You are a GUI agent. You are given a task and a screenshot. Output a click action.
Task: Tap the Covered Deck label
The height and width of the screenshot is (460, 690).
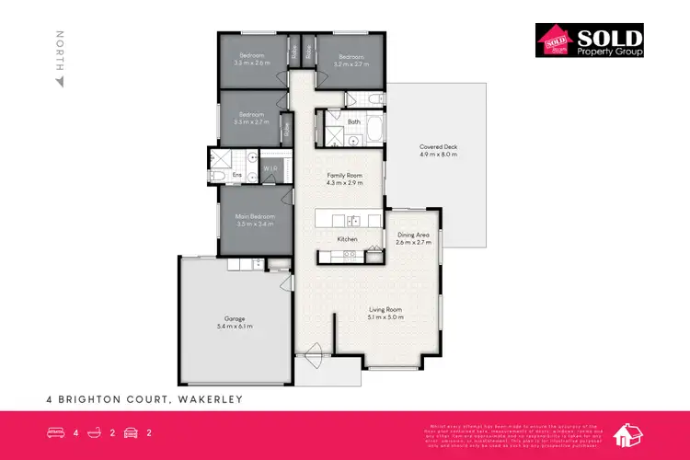[x=438, y=150]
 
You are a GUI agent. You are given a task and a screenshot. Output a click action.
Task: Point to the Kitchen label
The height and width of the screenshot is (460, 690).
[x=347, y=239]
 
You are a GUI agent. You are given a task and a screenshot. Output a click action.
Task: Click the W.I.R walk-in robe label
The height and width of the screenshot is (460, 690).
[x=271, y=169]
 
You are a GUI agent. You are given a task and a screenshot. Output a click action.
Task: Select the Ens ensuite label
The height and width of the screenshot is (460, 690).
[x=236, y=174]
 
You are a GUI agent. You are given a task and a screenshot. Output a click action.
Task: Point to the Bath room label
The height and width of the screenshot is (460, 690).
[x=354, y=121]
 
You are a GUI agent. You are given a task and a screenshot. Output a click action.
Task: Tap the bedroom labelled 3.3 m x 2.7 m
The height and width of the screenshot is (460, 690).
[x=251, y=118]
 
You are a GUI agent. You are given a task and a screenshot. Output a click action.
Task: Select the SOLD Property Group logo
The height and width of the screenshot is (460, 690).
[x=590, y=40]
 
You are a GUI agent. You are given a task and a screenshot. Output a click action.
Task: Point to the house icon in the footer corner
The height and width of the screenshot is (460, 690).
[x=632, y=434]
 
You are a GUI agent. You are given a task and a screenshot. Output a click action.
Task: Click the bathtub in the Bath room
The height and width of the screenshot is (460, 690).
[x=375, y=129]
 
